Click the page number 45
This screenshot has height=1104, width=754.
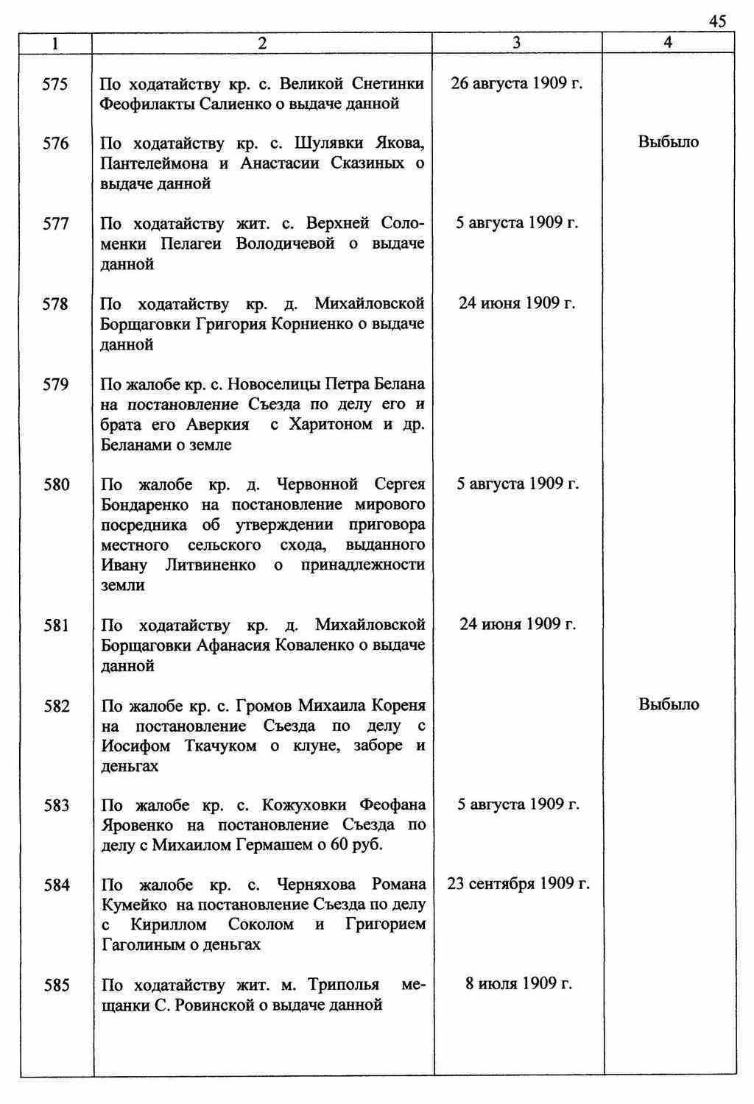point(717,21)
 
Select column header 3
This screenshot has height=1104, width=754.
point(516,43)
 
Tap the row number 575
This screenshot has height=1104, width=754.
point(55,85)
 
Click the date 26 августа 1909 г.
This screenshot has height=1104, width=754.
point(516,83)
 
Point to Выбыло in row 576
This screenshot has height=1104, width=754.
point(668,142)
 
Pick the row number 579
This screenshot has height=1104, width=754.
point(55,385)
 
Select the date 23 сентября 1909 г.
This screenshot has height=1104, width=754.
point(518,883)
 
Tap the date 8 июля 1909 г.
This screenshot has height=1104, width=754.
point(518,984)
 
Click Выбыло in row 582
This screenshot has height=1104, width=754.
point(668,704)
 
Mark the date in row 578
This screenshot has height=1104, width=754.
point(516,303)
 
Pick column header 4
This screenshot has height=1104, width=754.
point(667,43)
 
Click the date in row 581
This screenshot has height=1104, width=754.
point(517,624)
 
